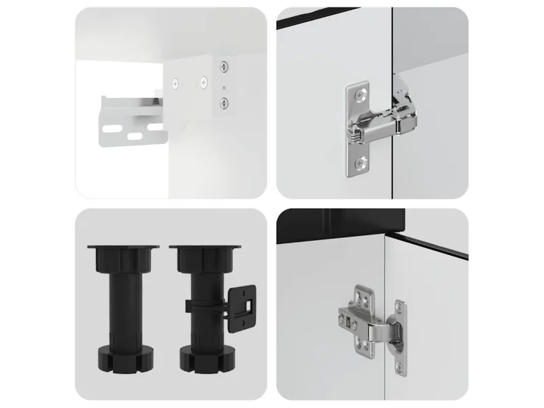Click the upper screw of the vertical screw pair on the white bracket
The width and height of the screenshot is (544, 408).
point(224,67)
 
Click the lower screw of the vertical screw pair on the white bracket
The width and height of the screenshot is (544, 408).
point(224,103)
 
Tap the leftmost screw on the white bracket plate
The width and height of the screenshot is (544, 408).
point(176,83)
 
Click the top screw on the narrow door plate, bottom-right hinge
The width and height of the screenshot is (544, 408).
point(399,307)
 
